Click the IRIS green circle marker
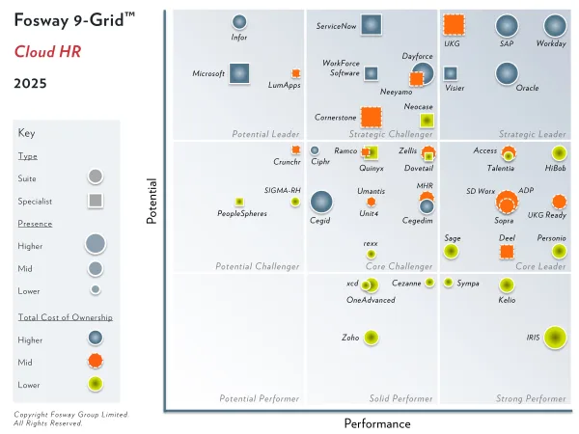(x=554, y=337)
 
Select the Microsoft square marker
(x=238, y=73)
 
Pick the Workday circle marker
(x=554, y=26)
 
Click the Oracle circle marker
(x=506, y=73)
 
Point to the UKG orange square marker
(x=453, y=26)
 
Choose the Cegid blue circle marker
(x=320, y=202)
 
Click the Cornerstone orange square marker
(x=368, y=118)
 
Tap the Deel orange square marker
(x=507, y=252)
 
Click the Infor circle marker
(x=239, y=22)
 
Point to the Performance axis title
(x=377, y=423)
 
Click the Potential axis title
(x=152, y=201)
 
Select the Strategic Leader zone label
(x=532, y=133)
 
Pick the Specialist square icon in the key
(x=95, y=201)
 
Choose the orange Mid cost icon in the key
(x=95, y=361)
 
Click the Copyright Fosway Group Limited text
(x=70, y=415)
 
